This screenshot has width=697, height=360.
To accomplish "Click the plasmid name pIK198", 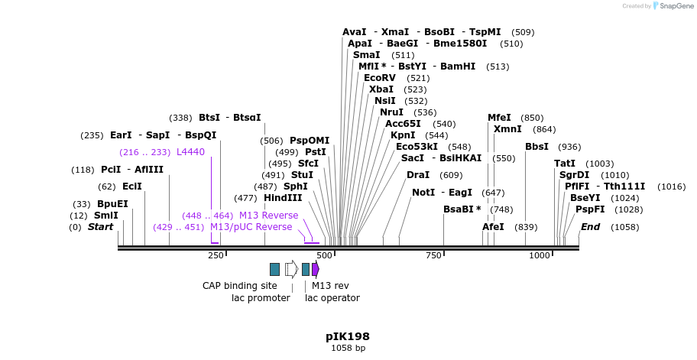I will point(348,336).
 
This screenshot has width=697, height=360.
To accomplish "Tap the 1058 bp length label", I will point(348,349).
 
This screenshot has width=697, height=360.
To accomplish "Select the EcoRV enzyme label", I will point(380,78).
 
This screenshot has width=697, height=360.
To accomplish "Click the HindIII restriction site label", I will point(283,198).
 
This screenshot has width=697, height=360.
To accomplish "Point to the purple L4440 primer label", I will point(190,152).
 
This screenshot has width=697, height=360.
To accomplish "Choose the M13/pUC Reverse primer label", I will point(251,227).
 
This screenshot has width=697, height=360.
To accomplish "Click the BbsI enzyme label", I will point(537,147).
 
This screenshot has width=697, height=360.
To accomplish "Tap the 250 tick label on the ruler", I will point(216,255).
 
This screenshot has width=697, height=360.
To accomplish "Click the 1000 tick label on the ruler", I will point(540,255).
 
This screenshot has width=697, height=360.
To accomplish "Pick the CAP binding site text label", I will point(239,286).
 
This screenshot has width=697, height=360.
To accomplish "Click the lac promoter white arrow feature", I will point(291,269).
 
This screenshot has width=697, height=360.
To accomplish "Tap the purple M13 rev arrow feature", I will point(316,269).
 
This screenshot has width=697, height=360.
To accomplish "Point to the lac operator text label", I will point(332,298).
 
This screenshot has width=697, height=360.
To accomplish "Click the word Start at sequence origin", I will point(100,227).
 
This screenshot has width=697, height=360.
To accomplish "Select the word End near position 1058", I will point(591,227).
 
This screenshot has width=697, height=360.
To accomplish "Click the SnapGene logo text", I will point(676,6).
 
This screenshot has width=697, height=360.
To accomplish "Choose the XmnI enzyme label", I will point(507,129).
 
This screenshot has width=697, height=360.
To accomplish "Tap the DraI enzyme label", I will point(418,175).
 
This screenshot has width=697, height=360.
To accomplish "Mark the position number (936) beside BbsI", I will point(569,147).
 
